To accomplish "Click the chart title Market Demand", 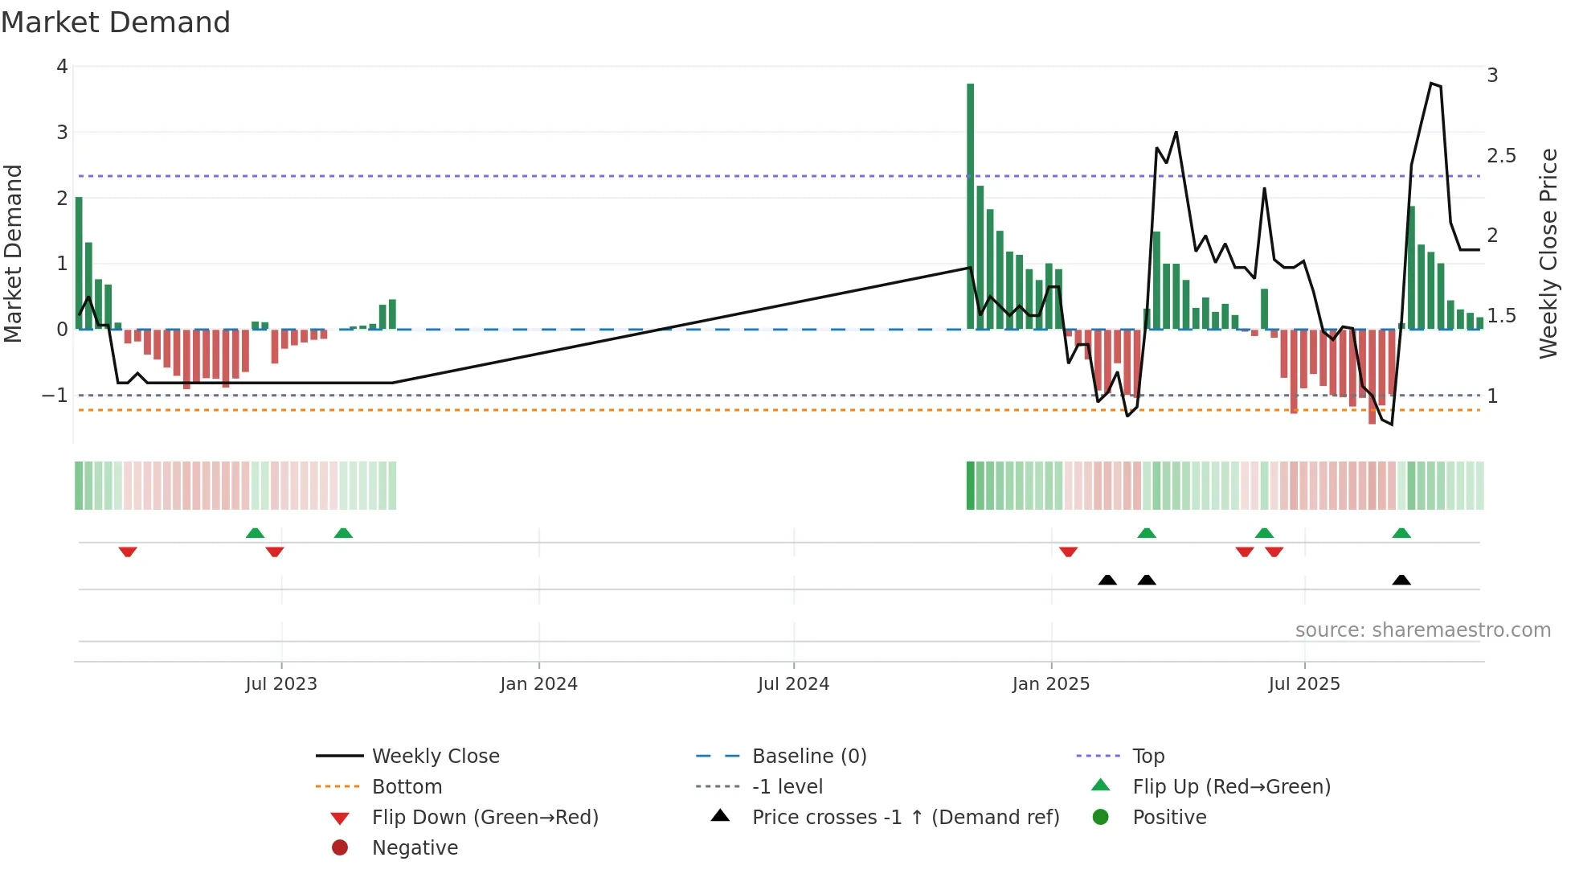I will coord(116,23).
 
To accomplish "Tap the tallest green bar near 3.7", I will coord(970,206).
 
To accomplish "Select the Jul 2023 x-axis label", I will coord(281,684).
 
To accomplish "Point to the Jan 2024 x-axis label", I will coord(538,684).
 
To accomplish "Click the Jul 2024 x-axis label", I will coord(793,684).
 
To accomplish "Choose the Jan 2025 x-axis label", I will coord(1050,684).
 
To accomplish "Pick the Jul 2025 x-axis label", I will coord(1304,684).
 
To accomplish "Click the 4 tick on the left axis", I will coord(62,67).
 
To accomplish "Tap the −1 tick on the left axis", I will coord(55,396).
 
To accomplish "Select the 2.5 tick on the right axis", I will coord(1501,156).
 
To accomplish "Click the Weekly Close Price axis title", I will coord(1548,253).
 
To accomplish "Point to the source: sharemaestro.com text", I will coord(1422,630).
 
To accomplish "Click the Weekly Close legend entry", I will coord(436,757).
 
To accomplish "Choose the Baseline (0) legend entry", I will coord(809,757).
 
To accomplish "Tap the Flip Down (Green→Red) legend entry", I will coord(485,818).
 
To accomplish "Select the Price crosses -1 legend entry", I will coord(906,818).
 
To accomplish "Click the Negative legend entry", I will coord(415,848).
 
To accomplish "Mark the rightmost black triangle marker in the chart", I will coord(1401,580).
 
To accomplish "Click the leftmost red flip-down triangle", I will coord(128,552).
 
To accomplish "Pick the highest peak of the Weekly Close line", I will coord(1431,83).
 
